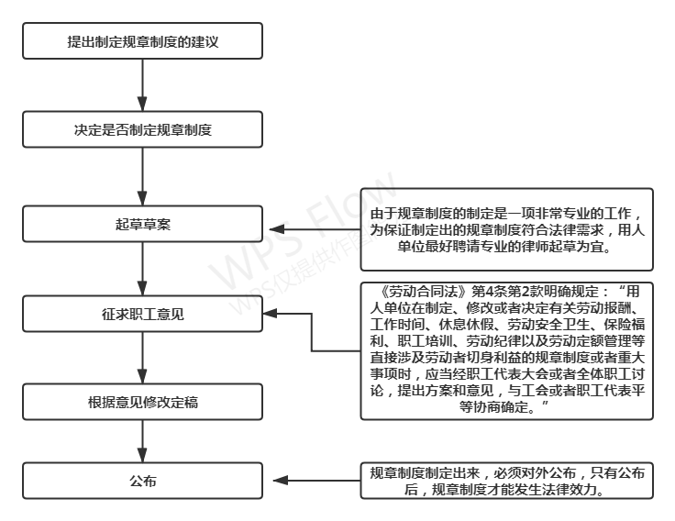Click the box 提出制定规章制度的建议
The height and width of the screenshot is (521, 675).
[x=142, y=41]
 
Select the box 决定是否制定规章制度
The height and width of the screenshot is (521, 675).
[x=142, y=129]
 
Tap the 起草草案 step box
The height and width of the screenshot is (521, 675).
[x=142, y=224]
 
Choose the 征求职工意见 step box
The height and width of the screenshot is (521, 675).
[x=142, y=314]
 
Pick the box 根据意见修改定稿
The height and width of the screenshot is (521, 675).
[x=142, y=402]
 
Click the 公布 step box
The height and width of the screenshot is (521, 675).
[x=142, y=481]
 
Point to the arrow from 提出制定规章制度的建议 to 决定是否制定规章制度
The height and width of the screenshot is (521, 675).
[x=142, y=85]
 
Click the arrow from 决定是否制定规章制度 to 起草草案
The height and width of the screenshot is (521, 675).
[x=142, y=176]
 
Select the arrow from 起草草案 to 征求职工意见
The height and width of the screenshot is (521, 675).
[x=142, y=269]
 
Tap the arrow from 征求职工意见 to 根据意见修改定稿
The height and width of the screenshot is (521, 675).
[x=142, y=358]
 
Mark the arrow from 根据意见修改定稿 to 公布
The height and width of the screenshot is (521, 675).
[x=142, y=441]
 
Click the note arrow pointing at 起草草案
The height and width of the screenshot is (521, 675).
[x=315, y=229]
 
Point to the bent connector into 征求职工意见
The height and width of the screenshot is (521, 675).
[x=312, y=332]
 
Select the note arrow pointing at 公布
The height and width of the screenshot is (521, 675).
[x=316, y=480]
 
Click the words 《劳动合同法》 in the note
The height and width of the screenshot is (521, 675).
[x=423, y=292]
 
